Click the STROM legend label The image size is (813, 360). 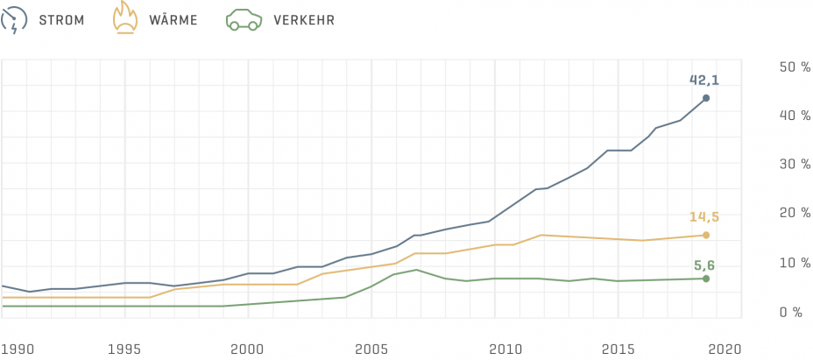(x=61, y=19)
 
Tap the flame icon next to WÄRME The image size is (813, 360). (x=125, y=18)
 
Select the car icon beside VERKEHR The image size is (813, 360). (x=244, y=19)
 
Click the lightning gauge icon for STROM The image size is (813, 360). (x=16, y=19)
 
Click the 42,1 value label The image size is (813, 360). (x=704, y=80)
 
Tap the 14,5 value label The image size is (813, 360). (x=703, y=216)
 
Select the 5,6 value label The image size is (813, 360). (x=705, y=264)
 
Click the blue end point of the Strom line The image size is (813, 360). (x=705, y=98)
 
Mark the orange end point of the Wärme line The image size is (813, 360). (x=705, y=235)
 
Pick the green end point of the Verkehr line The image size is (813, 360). (x=705, y=279)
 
